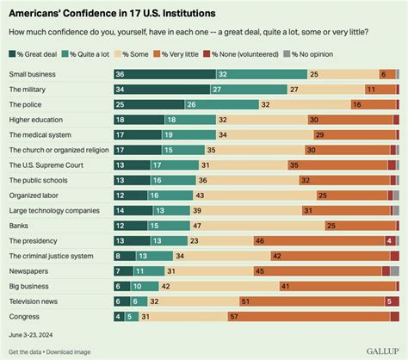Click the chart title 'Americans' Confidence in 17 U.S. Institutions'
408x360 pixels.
(x=124, y=14)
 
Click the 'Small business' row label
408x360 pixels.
(x=34, y=74)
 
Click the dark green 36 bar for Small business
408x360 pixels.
(x=164, y=74)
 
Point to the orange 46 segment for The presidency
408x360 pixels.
(x=306, y=240)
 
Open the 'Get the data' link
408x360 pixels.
(x=27, y=351)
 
